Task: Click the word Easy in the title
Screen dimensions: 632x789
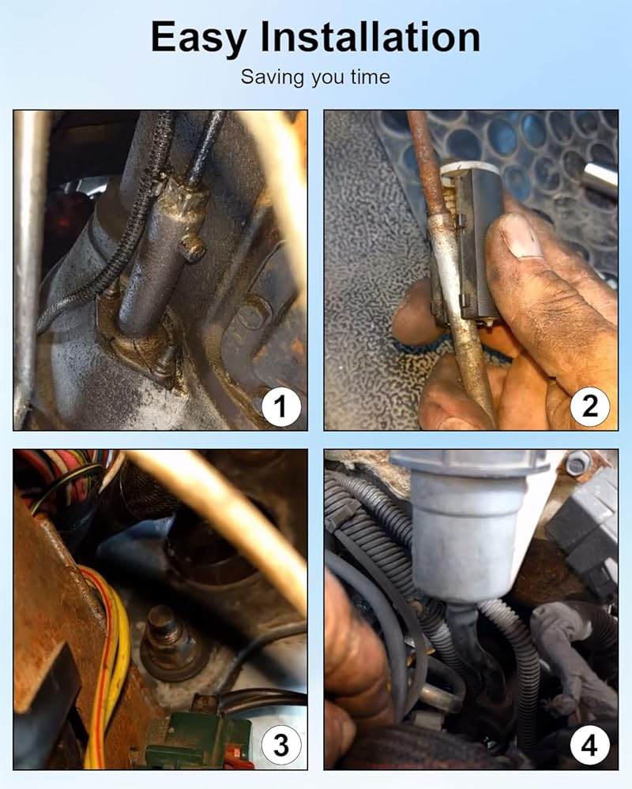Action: [198, 38]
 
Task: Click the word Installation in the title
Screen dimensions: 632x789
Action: [371, 37]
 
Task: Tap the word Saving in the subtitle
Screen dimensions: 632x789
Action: [273, 77]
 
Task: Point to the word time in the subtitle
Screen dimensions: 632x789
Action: [371, 77]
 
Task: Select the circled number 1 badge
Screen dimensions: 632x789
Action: [280, 406]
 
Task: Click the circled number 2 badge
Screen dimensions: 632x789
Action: [590, 406]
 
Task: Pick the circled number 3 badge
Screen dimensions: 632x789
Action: [280, 745]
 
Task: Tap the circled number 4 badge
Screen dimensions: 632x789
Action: [590, 745]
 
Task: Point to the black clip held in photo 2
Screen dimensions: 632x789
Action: [468, 246]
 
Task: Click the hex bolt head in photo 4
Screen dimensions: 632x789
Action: [577, 463]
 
